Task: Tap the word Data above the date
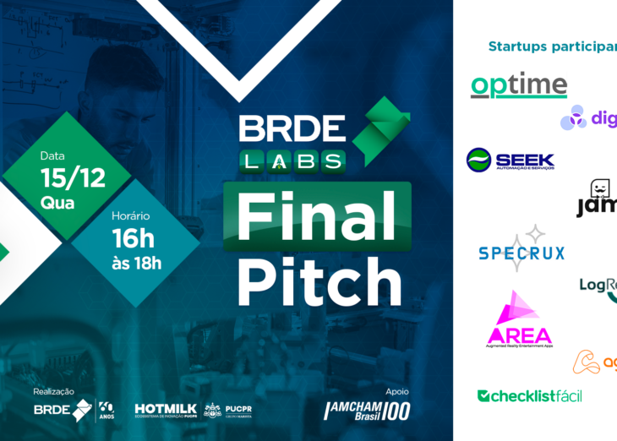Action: (x=52, y=156)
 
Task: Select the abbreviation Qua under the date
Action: (x=57, y=203)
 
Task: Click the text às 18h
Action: (x=136, y=263)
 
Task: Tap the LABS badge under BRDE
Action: (x=292, y=161)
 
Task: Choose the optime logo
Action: (x=518, y=85)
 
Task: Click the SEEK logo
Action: (x=510, y=160)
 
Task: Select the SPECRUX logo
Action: (x=521, y=250)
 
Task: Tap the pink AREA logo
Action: (x=519, y=322)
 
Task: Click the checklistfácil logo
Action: (x=529, y=395)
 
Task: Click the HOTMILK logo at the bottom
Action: (x=166, y=410)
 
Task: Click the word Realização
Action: (x=53, y=391)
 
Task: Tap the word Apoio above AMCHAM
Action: (x=396, y=391)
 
